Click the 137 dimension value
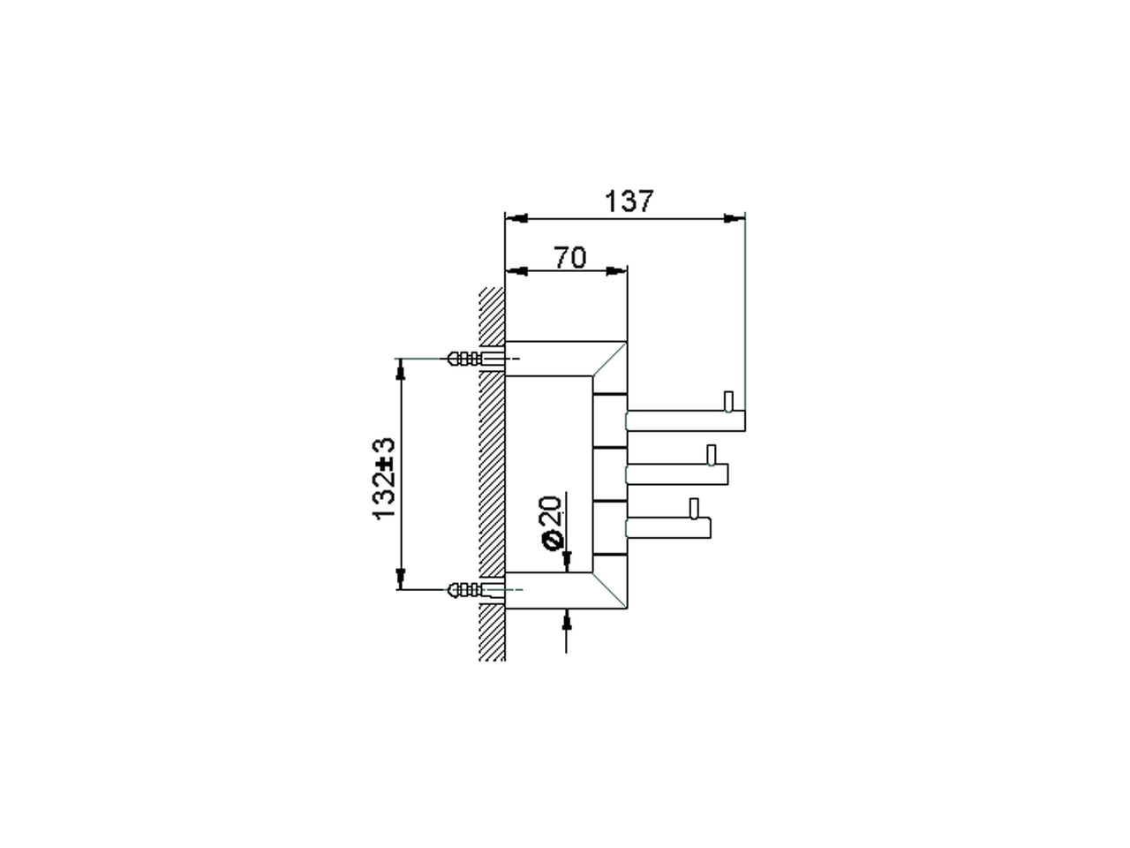(x=629, y=201)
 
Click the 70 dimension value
(x=570, y=257)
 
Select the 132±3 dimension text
(x=384, y=478)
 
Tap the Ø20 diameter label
(x=552, y=523)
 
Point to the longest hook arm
(x=685, y=420)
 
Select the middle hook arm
(x=676, y=473)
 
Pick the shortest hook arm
(x=667, y=527)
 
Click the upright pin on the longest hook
(x=728, y=402)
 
